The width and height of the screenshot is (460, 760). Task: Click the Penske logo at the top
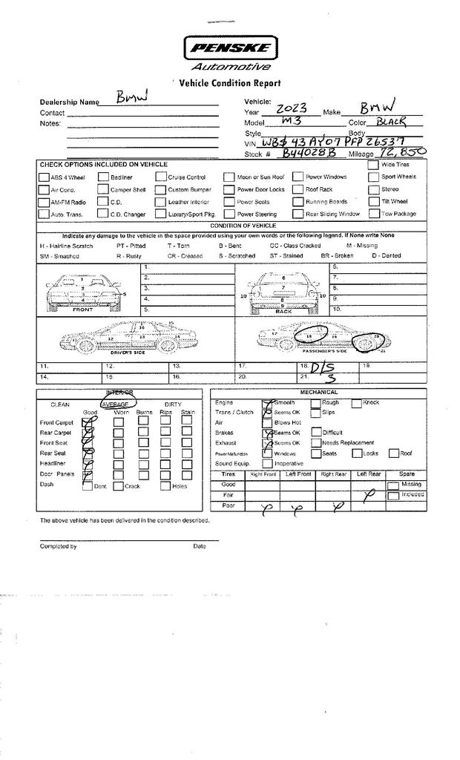pos(229,50)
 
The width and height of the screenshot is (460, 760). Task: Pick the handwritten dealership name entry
pos(133,98)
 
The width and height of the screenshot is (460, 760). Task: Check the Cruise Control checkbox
pos(161,177)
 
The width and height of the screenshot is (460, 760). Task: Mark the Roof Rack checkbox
pos(298,189)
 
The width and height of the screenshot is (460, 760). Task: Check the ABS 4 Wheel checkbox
pos(44,177)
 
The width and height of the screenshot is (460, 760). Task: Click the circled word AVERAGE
pos(116,404)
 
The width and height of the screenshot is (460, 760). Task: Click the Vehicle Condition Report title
pos(230,84)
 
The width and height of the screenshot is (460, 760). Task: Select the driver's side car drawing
pos(129,338)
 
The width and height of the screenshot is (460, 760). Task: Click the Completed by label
pos(58,546)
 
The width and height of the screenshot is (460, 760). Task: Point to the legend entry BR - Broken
pos(337,255)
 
